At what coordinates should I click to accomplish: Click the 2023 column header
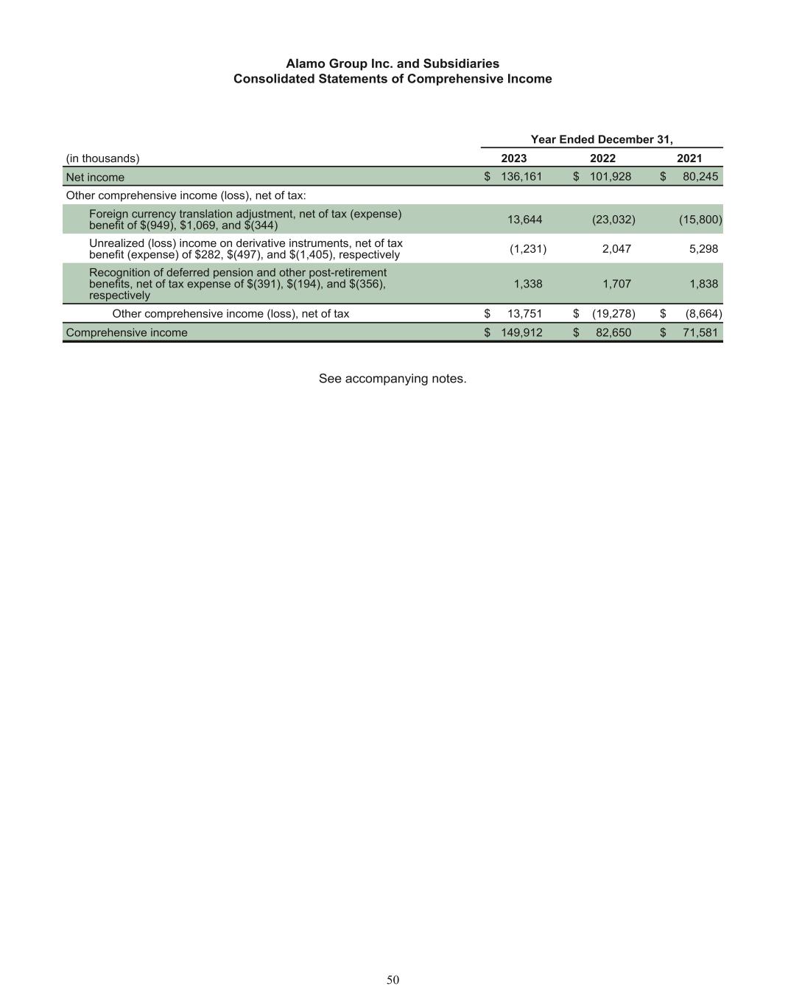click(x=513, y=158)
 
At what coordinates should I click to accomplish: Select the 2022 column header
click(x=602, y=158)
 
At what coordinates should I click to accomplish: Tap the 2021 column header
click(x=689, y=158)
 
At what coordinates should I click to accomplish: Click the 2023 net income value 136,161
click(x=521, y=177)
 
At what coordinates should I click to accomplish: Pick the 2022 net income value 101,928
click(x=611, y=177)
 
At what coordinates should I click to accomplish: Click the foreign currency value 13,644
click(x=525, y=220)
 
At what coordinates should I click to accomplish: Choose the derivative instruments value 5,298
click(x=704, y=249)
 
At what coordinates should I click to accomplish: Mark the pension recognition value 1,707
click(x=616, y=284)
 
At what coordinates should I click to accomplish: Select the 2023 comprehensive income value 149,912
click(x=521, y=332)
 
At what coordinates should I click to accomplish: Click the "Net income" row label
click(x=95, y=178)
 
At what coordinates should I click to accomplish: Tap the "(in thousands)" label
click(x=102, y=158)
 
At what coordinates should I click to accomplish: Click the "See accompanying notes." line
click(x=393, y=379)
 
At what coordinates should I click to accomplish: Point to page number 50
click(x=393, y=979)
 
